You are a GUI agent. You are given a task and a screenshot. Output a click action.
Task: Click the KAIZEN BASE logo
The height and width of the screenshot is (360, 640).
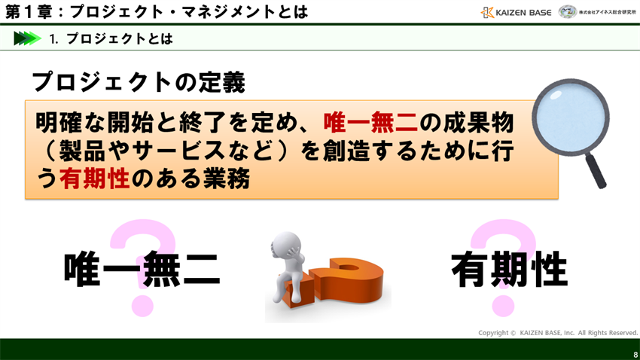[516, 12]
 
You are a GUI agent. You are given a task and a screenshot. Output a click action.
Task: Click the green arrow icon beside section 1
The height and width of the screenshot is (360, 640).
[27, 38]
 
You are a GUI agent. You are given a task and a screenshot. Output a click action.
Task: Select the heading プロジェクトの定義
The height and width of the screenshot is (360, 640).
[139, 83]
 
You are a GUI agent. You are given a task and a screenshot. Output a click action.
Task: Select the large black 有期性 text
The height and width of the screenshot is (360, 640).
[508, 269]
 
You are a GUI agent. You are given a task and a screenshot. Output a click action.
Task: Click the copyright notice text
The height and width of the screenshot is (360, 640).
[557, 332]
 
